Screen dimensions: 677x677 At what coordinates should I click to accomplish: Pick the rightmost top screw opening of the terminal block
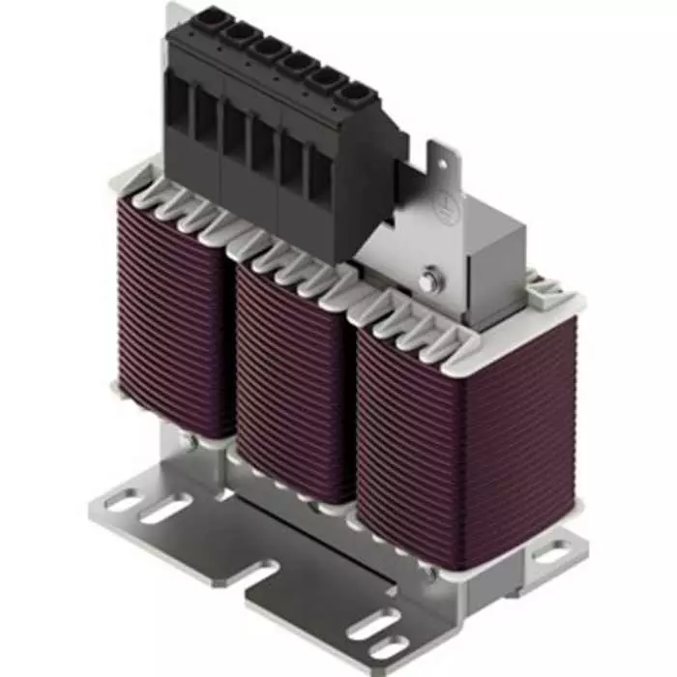click(x=350, y=95)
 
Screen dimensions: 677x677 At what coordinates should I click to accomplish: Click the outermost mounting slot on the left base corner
click(x=123, y=500)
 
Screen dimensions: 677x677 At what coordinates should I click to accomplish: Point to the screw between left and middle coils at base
click(x=196, y=441)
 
